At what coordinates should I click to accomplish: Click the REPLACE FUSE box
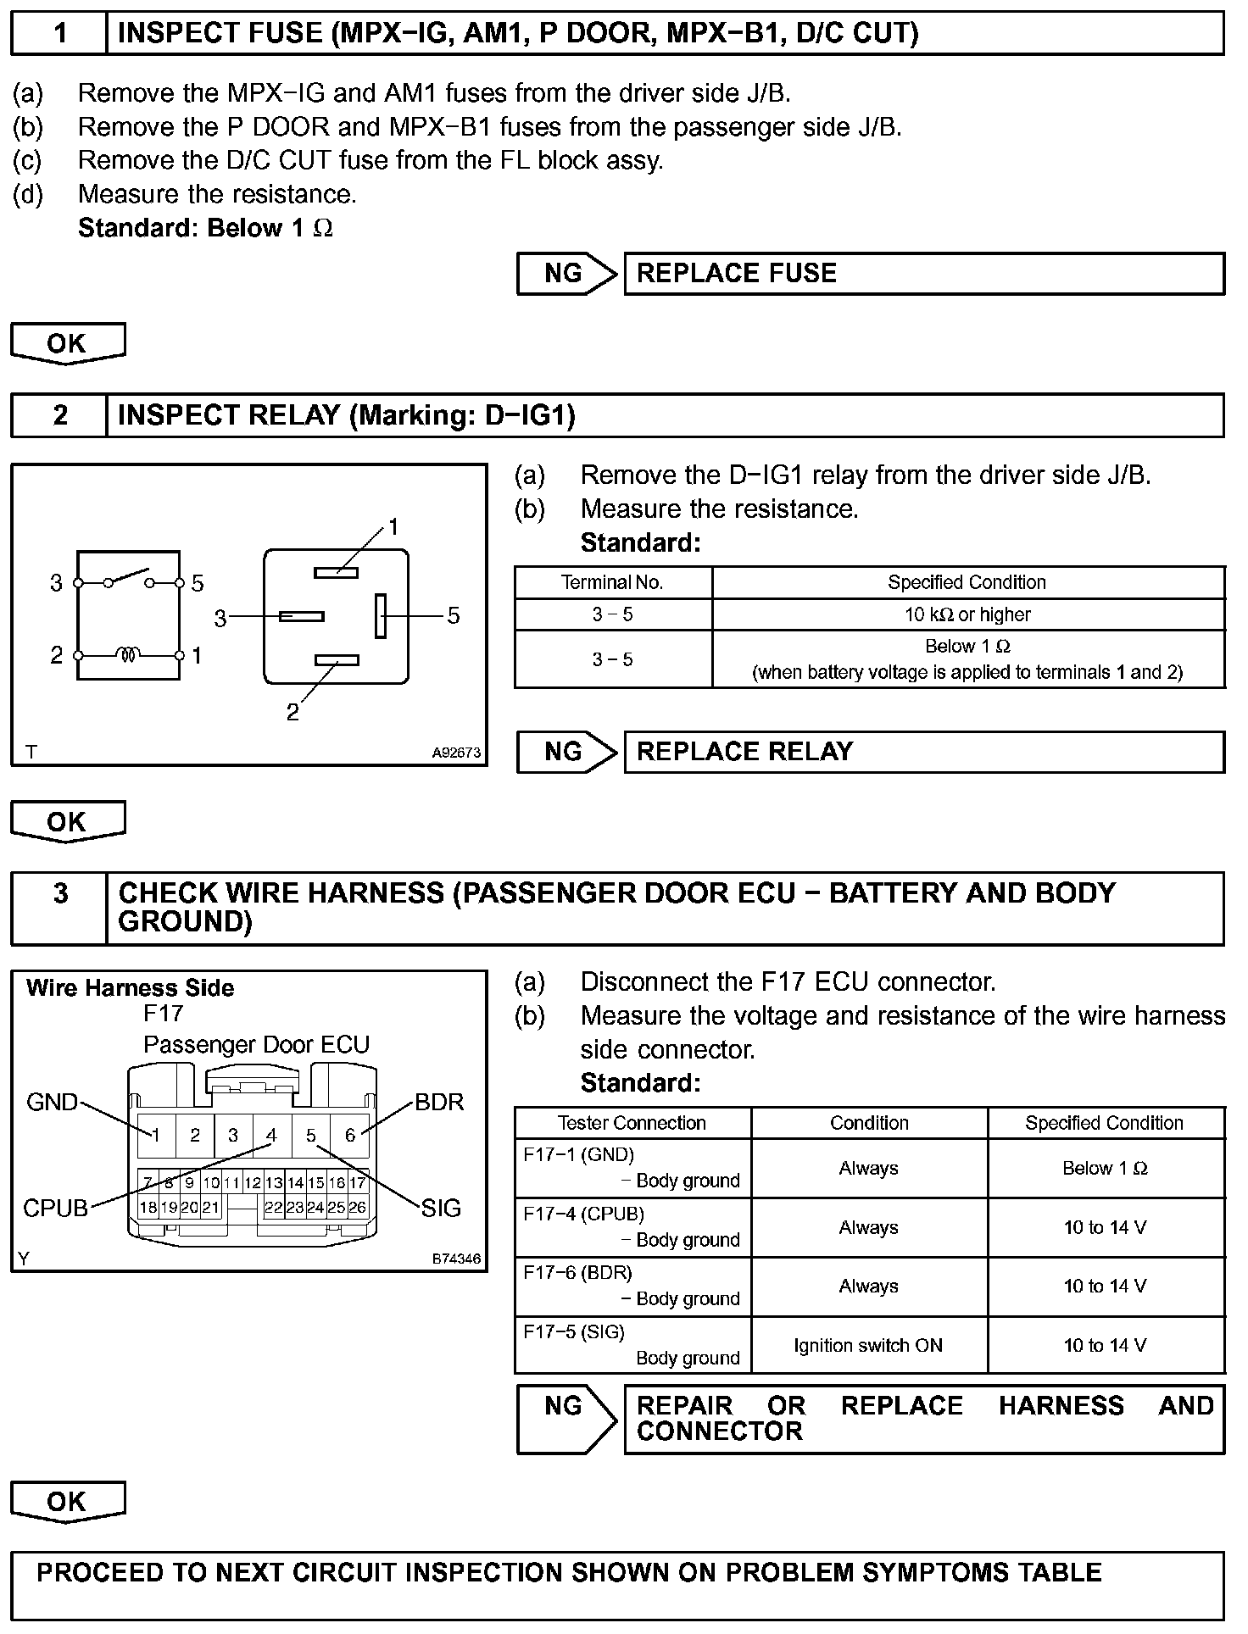pyautogui.click(x=923, y=274)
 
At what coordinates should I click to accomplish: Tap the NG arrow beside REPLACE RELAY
pyautogui.click(x=565, y=752)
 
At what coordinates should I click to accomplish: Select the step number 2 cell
pyautogui.click(x=59, y=415)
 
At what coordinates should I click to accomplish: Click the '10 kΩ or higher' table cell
pyautogui.click(x=967, y=614)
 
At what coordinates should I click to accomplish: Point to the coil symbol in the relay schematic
pyautogui.click(x=129, y=655)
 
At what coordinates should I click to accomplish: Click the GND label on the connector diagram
pyautogui.click(x=52, y=1103)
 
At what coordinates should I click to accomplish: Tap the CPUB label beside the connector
pyautogui.click(x=55, y=1208)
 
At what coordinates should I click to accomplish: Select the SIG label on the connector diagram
pyautogui.click(x=441, y=1208)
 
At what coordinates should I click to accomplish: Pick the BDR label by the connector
pyautogui.click(x=439, y=1103)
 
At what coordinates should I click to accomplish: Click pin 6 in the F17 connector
pyautogui.click(x=350, y=1136)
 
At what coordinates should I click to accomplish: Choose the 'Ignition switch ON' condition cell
pyautogui.click(x=868, y=1345)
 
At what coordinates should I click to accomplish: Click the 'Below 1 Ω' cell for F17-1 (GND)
pyautogui.click(x=1105, y=1168)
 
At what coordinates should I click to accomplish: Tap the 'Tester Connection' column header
pyautogui.click(x=632, y=1123)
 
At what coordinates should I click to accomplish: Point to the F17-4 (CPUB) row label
pyautogui.click(x=584, y=1214)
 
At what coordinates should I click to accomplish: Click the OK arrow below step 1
pyautogui.click(x=67, y=343)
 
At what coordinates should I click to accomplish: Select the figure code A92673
pyautogui.click(x=456, y=752)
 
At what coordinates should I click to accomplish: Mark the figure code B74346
pyautogui.click(x=456, y=1259)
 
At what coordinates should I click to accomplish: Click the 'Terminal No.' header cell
pyautogui.click(x=612, y=582)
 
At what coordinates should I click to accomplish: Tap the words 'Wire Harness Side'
pyautogui.click(x=130, y=988)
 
